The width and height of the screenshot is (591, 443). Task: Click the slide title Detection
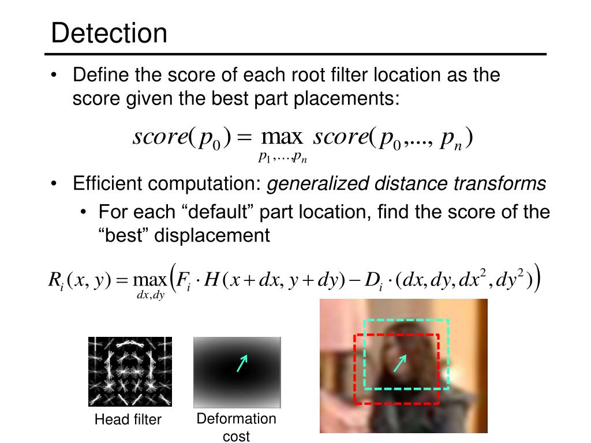coord(109,33)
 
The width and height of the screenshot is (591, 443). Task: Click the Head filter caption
coord(128,419)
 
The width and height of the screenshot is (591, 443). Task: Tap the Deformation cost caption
coord(237,427)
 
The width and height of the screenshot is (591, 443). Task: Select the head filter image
coord(130,371)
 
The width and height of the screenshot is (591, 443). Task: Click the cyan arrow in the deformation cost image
coord(242,363)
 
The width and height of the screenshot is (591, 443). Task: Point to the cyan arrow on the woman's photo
coord(400,363)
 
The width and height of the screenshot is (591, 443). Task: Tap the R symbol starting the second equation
coord(53,279)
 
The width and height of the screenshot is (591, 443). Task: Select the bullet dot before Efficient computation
coord(54,185)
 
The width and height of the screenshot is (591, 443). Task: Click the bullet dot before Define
coord(54,76)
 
